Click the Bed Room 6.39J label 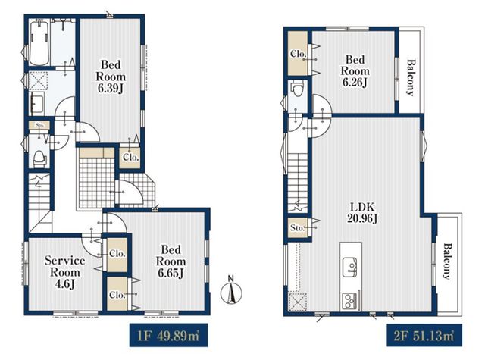(x=111, y=77)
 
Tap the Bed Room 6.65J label (x=171, y=261)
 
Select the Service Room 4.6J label (x=64, y=272)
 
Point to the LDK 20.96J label (x=362, y=212)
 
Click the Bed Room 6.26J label (x=355, y=70)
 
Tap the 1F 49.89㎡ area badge (x=168, y=335)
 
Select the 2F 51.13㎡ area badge (x=424, y=335)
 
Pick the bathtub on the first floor (x=39, y=42)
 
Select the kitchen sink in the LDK (x=350, y=267)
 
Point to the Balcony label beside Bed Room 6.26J (x=411, y=77)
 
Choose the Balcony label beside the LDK (x=447, y=261)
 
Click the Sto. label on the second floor (x=298, y=228)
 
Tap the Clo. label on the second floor (x=298, y=54)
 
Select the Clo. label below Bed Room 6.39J (x=130, y=157)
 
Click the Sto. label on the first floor (x=39, y=125)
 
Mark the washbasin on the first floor (x=37, y=104)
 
